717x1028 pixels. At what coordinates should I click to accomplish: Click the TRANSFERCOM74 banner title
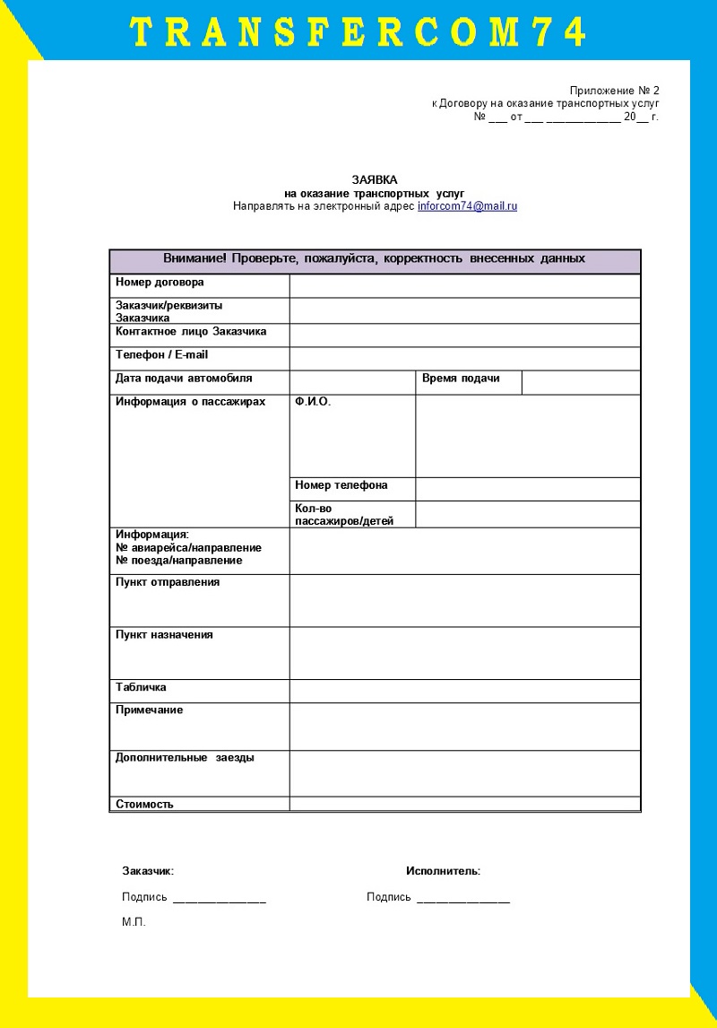pos(358,32)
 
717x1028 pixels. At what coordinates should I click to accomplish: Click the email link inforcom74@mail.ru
pos(467,206)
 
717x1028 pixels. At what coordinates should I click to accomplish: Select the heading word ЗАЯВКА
pos(374,180)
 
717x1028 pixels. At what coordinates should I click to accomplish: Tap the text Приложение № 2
pos(614,91)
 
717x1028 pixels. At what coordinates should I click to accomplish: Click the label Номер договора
pos(160,283)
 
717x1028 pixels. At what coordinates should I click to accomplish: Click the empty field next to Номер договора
pos(464,285)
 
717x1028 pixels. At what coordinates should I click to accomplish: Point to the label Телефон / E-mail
pos(161,355)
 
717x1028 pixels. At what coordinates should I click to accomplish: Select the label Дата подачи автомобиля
pos(184,379)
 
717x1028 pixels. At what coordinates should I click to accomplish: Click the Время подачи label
pos(461,379)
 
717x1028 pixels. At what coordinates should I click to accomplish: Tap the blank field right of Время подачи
pos(581,382)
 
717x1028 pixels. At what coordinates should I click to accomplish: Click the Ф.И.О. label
pos(313,403)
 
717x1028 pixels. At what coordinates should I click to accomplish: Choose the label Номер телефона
pos(341,485)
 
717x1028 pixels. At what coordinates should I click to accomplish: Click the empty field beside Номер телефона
pos(527,489)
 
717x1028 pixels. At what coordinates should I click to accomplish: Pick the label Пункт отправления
pos(168,582)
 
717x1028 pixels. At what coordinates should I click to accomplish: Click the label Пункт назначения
pos(164,635)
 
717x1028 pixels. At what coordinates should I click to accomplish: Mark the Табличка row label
pos(142,688)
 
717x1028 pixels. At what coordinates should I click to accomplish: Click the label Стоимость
pos(144,805)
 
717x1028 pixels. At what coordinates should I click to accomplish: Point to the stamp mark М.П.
pos(134,922)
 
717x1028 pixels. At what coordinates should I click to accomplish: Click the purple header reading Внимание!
pos(374,259)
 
